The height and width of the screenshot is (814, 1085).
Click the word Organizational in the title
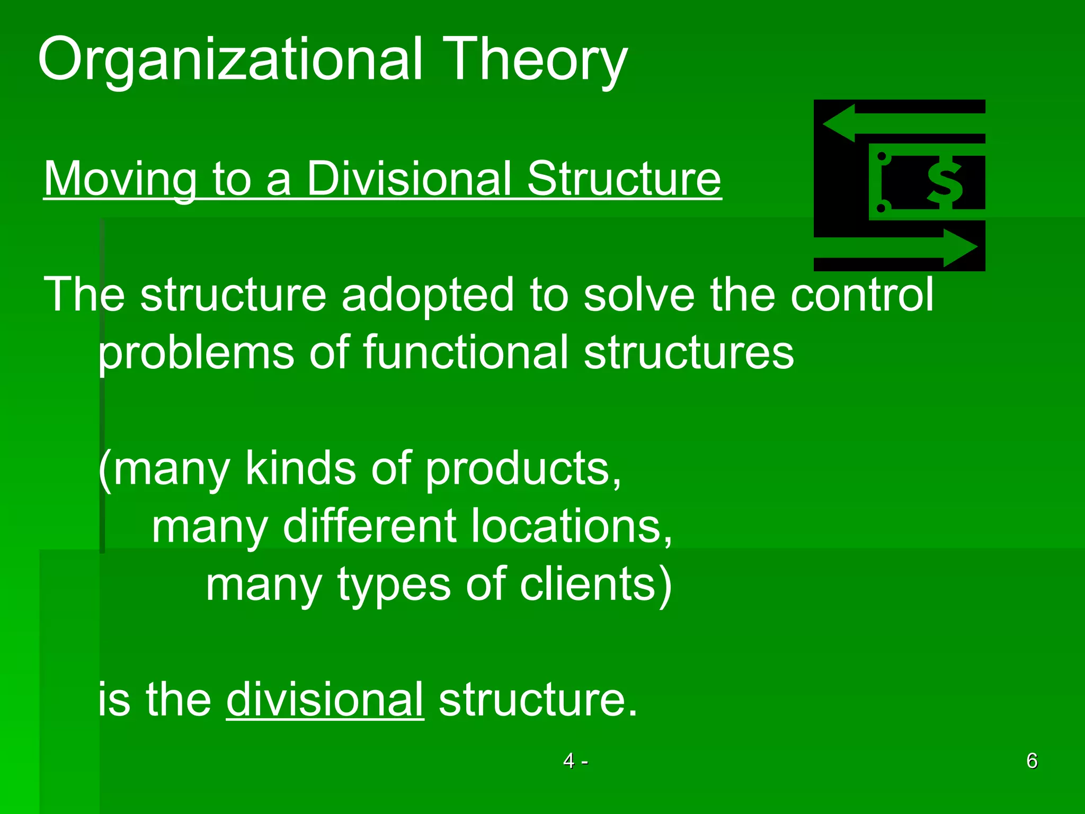click(230, 59)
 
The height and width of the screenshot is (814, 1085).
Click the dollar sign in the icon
click(945, 182)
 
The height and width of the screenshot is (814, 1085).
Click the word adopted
click(427, 295)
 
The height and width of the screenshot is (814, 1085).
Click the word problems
click(196, 353)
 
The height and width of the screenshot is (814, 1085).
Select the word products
click(522, 468)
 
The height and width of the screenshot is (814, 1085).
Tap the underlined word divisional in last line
click(325, 700)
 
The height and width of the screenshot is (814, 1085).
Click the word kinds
click(300, 468)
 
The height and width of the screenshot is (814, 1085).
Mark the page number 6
click(1031, 761)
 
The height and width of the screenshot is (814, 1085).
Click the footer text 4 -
click(575, 761)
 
